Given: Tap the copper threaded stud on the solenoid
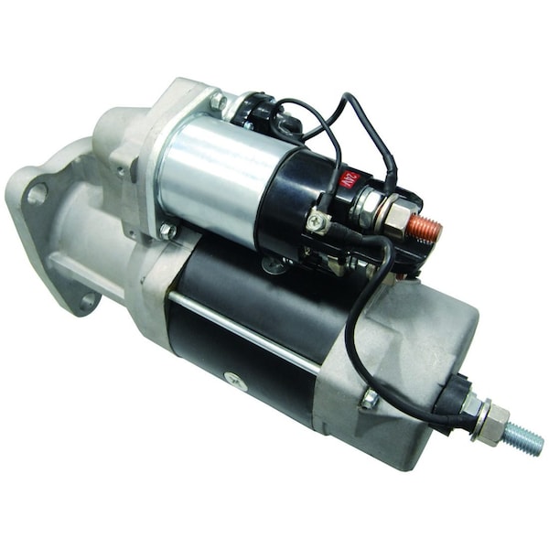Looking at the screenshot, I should (425, 228).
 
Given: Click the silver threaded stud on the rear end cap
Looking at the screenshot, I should (523, 439).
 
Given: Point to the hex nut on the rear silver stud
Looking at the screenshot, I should (490, 424).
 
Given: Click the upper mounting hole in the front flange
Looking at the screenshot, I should (37, 194).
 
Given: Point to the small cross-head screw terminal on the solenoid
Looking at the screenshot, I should (317, 219).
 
